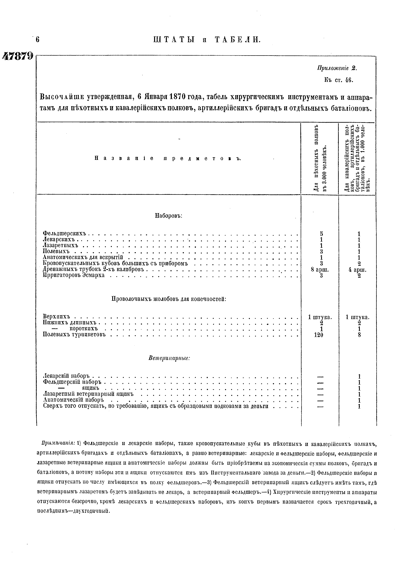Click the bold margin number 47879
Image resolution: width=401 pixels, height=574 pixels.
pos(17,56)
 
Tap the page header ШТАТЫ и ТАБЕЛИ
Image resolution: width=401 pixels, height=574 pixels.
pos(207,39)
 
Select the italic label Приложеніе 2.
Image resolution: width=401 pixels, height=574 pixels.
pos(337,68)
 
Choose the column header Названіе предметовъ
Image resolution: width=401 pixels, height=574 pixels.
pos(168,158)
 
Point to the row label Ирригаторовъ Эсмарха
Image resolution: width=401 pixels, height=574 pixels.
pos(74,275)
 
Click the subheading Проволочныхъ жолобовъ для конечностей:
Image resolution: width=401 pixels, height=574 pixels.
pos(169,299)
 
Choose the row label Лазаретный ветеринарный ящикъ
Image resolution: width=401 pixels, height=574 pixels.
pos(88,394)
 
